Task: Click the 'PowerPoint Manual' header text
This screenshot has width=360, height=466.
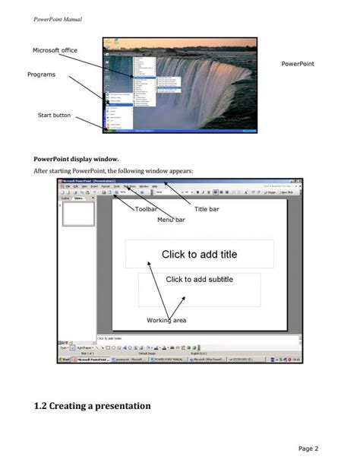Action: pos(58,18)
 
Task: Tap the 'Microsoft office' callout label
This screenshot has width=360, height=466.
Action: pos(55,51)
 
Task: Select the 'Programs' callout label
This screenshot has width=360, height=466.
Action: pos(42,74)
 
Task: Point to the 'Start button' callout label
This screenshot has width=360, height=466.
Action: pos(55,115)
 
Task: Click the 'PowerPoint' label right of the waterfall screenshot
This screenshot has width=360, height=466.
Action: pos(298,64)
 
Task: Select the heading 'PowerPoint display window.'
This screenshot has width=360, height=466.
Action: pos(76,160)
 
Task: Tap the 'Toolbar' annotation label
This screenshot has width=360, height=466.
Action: pos(146,208)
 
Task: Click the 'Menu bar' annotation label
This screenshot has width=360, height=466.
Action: pos(171,220)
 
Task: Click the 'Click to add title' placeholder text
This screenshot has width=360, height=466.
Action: pos(199,255)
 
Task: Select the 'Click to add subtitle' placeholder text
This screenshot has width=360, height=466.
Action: pos(199,280)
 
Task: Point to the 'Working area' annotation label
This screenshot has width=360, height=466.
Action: pos(166,321)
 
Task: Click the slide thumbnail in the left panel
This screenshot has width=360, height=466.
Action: pos(77,214)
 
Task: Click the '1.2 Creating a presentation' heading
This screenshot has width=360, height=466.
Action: pos(92,406)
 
